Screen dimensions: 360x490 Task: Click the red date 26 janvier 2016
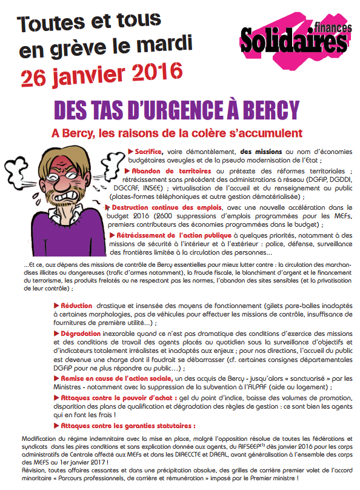pyautogui.click(x=101, y=73)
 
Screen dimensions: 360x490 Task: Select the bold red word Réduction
pyautogui.click(x=76, y=305)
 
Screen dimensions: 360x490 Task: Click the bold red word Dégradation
pyautogui.click(x=81, y=334)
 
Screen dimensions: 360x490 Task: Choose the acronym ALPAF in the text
pyautogui.click(x=276, y=386)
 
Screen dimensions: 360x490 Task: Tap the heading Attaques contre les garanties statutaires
pyautogui.click(x=128, y=426)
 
